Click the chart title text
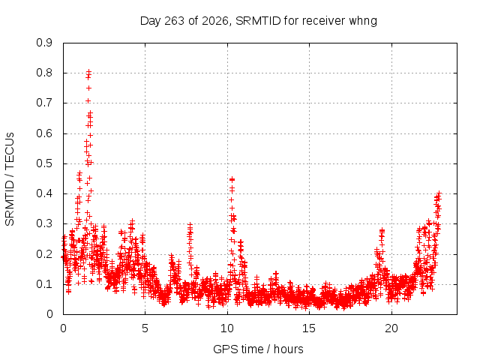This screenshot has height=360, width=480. click(258, 21)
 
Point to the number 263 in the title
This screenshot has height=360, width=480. click(175, 21)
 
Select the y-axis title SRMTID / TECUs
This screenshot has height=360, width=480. click(10, 179)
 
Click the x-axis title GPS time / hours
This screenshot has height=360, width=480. click(258, 349)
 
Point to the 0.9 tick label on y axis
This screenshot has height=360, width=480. click(44, 43)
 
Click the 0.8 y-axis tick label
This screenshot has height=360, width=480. click(44, 73)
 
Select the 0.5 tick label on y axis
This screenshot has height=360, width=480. click(44, 163)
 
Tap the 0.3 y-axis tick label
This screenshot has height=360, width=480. click(44, 223)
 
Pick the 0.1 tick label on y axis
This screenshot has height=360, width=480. click(44, 284)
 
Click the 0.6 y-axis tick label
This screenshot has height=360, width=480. click(44, 133)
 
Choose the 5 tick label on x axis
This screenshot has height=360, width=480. click(145, 328)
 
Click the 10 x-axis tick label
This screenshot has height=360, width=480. click(226, 328)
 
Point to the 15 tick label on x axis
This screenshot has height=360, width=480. click(309, 328)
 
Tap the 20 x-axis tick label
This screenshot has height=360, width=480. click(391, 328)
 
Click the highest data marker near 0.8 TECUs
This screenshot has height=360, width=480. click(88, 72)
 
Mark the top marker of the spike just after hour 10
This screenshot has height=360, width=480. click(232, 179)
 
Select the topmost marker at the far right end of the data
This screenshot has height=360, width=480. click(439, 193)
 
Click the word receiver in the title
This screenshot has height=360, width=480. click(325, 21)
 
